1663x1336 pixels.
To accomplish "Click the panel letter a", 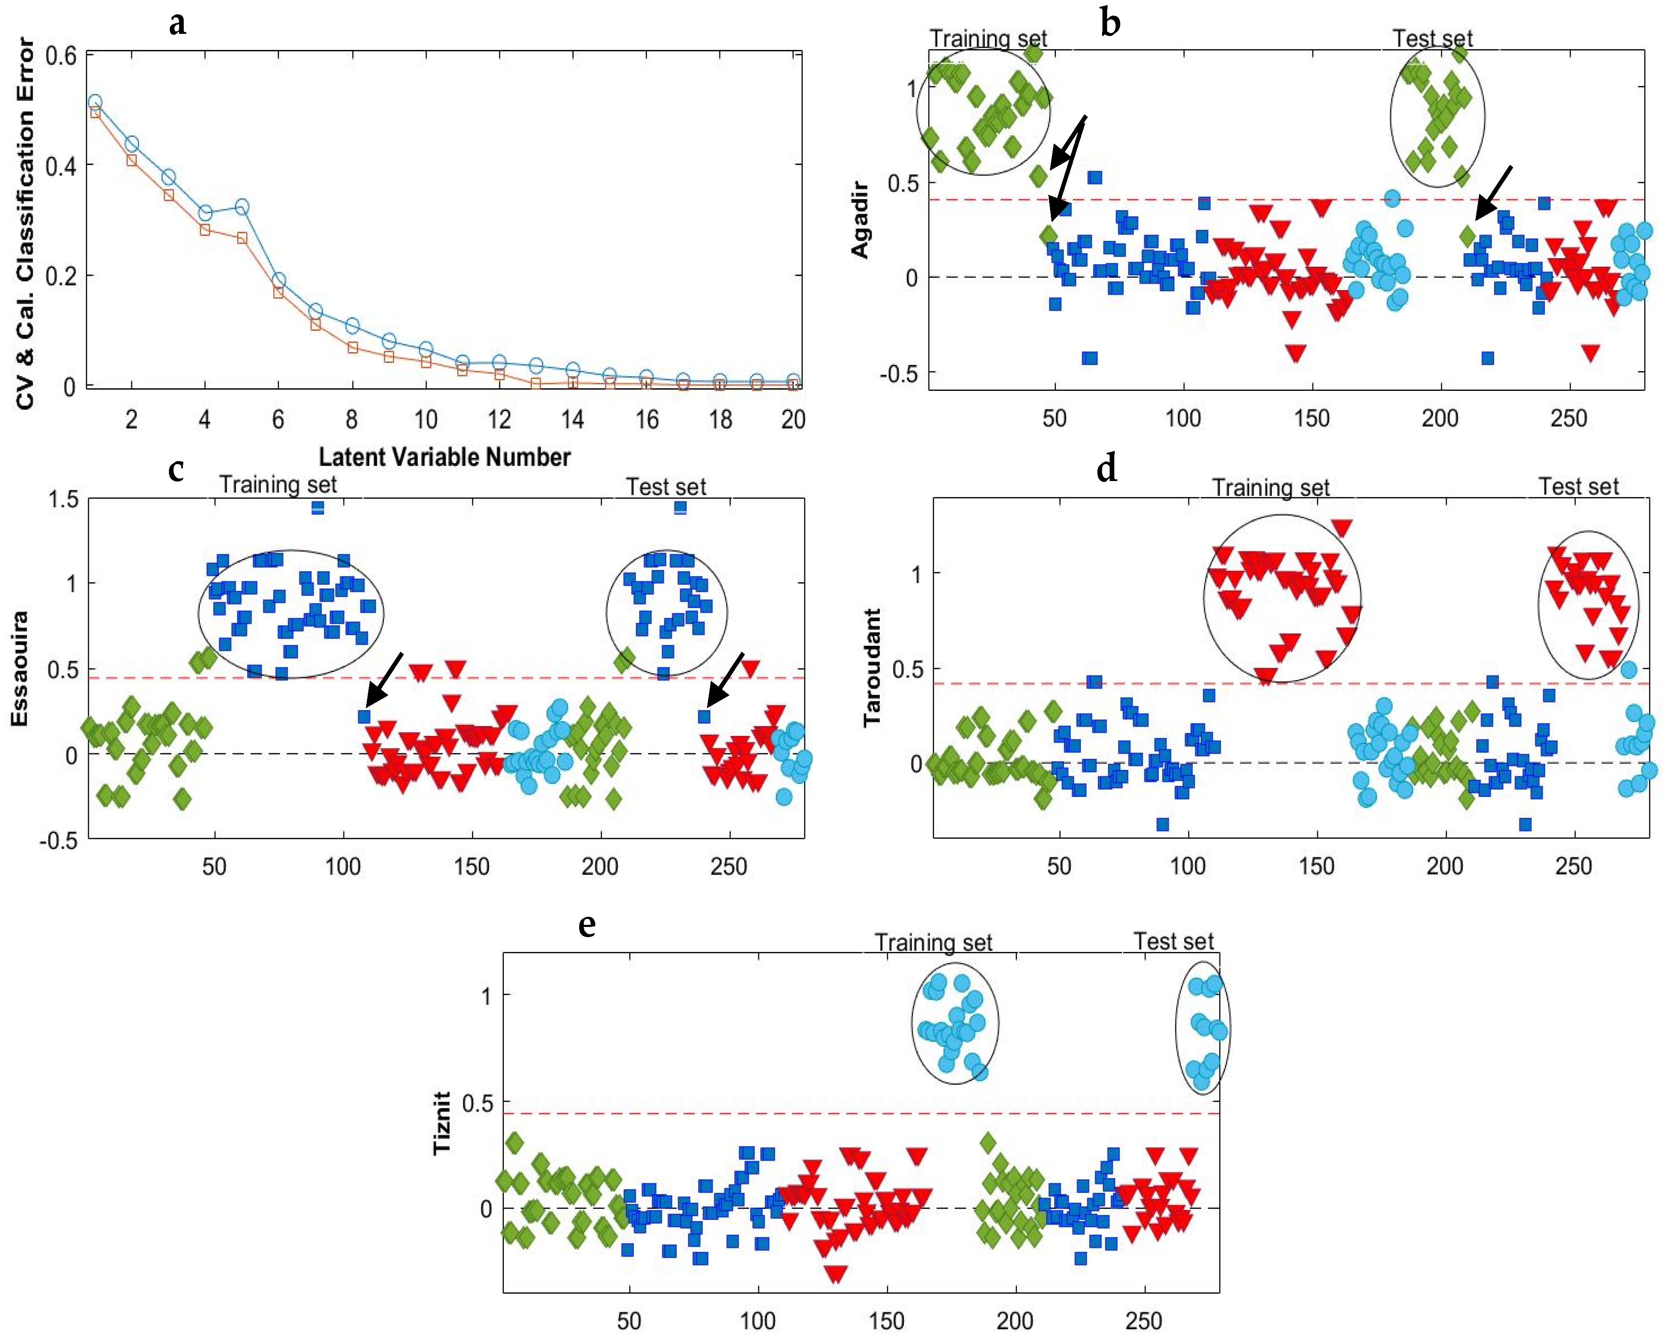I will pyautogui.click(x=177, y=24).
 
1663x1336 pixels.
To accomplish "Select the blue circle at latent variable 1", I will pyautogui.click(x=95, y=102).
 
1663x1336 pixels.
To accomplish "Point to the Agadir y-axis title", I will pyautogui.click(x=860, y=220).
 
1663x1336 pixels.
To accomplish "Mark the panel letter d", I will pyautogui.click(x=1106, y=468).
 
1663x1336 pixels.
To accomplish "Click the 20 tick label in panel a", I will pyautogui.click(x=793, y=420).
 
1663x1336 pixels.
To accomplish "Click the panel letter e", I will pyautogui.click(x=587, y=925).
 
